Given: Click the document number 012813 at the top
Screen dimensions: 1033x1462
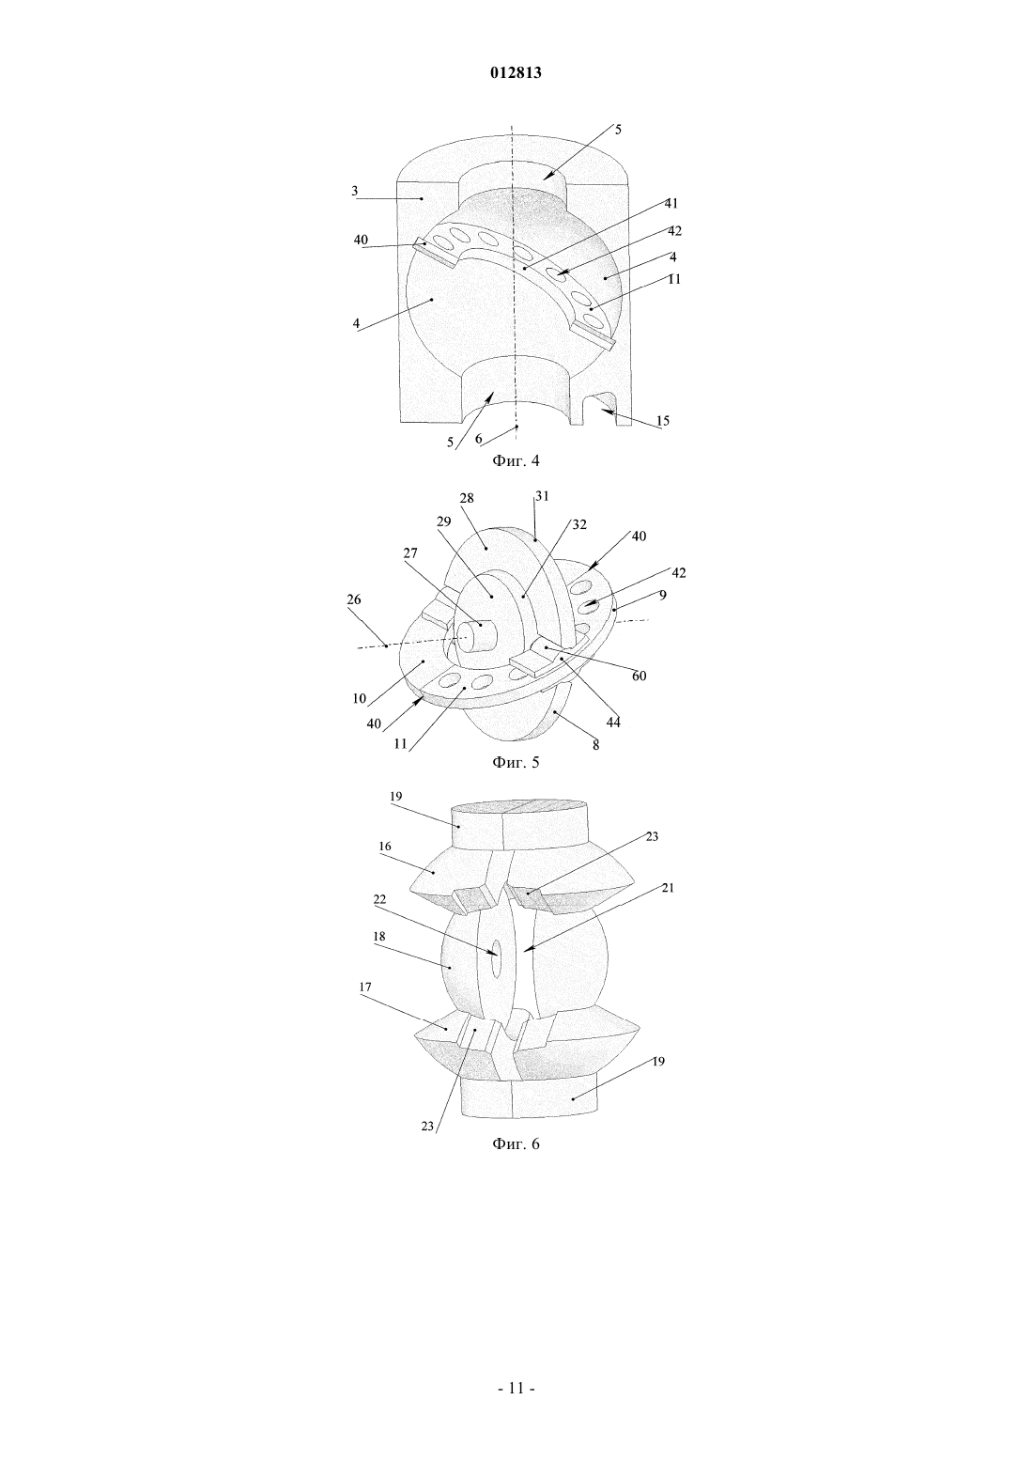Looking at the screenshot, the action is [x=516, y=73].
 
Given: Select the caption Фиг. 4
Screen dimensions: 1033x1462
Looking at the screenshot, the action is [x=516, y=460].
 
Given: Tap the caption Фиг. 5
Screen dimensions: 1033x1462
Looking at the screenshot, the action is [x=516, y=762].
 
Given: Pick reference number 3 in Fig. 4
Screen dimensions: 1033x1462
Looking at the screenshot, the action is [x=355, y=192].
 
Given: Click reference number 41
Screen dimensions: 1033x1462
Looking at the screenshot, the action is [x=671, y=204].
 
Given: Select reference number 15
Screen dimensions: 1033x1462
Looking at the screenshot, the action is [x=663, y=421].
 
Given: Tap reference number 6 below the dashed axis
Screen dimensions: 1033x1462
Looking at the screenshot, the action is [x=479, y=439].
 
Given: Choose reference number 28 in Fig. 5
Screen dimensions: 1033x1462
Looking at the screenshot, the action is [x=467, y=498].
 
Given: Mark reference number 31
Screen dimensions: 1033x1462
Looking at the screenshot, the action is [x=542, y=496].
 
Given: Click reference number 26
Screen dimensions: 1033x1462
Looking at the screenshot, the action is [x=354, y=599].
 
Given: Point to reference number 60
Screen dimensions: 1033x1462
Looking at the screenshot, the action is [x=640, y=677].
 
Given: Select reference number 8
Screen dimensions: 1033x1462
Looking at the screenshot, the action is [x=595, y=744].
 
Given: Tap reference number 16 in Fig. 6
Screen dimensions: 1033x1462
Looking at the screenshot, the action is [x=385, y=847].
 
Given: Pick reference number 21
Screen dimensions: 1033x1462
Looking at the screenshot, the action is [x=667, y=888].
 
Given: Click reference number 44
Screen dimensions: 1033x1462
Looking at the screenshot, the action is [x=613, y=723].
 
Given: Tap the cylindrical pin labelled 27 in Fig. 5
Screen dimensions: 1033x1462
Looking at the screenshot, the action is [x=478, y=634].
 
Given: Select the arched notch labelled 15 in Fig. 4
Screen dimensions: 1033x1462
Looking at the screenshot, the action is [x=601, y=410].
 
